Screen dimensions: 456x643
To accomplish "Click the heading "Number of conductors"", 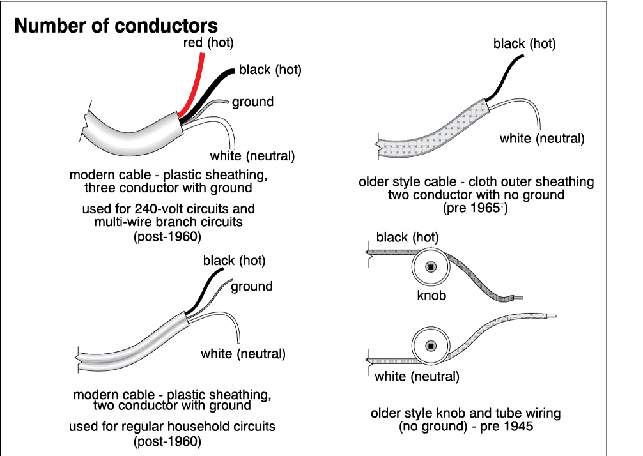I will [116, 26].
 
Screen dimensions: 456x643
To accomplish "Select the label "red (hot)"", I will [204, 43].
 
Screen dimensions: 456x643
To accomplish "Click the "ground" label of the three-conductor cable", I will [252, 102].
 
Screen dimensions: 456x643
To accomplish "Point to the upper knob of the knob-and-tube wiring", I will [430, 266].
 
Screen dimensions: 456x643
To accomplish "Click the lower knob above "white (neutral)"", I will [430, 346].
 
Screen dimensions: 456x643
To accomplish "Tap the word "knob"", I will [431, 296].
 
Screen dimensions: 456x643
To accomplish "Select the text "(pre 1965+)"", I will [476, 208].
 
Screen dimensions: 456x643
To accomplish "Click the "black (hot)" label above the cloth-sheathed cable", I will [524, 44].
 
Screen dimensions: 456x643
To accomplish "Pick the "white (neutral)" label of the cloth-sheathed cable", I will [542, 139].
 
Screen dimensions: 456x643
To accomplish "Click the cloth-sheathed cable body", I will [435, 137].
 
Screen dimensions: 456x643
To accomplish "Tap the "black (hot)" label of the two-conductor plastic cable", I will [234, 260].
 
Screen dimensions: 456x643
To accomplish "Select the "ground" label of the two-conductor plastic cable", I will [252, 286].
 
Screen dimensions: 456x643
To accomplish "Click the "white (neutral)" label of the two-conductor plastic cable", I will [243, 354].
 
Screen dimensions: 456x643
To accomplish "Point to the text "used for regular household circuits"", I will [172, 426].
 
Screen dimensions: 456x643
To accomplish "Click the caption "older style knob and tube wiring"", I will [465, 413].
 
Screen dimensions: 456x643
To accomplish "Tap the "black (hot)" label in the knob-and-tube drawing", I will [407, 238].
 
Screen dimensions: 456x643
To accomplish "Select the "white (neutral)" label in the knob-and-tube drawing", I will [417, 376].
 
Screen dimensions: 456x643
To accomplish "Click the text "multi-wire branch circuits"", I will [168, 222].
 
